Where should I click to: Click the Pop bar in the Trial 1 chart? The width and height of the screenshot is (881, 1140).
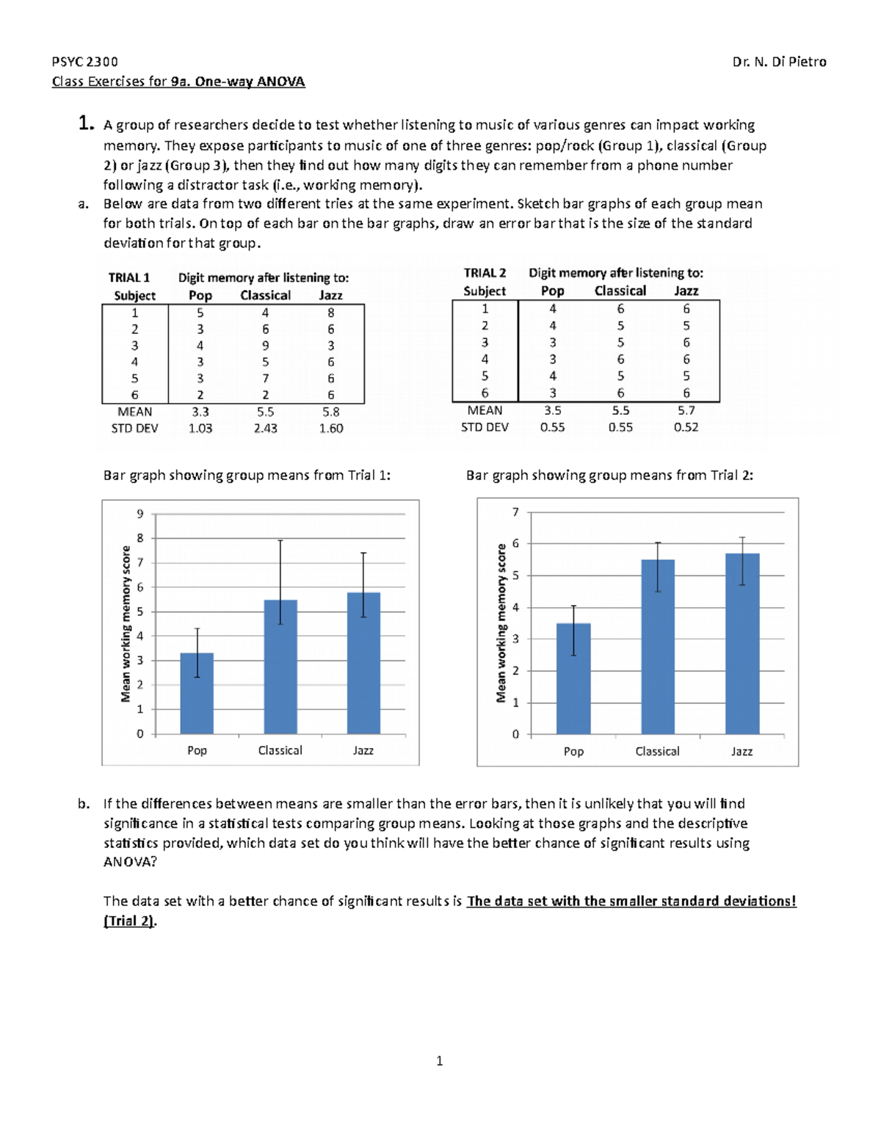pos(197,693)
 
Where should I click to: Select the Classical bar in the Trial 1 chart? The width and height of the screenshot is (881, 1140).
pos(280,667)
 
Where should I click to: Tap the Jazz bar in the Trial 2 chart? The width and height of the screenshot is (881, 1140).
pos(742,644)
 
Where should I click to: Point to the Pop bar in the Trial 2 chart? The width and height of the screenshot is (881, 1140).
pos(573,678)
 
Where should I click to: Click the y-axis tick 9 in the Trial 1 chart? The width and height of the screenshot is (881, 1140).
pos(140,514)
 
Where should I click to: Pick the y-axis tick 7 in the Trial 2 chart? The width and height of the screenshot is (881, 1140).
pos(515,512)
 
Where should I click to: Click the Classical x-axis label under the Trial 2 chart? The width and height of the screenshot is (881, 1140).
pos(657,751)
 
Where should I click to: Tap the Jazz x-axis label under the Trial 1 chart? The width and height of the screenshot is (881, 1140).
pos(363,750)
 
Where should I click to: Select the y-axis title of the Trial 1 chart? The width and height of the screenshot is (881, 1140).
pos(126,623)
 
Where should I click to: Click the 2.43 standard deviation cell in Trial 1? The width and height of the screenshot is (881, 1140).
pos(265,428)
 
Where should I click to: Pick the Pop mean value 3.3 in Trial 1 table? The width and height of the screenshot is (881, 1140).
pos(200,412)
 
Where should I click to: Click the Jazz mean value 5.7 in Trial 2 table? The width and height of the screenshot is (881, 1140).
pos(686,410)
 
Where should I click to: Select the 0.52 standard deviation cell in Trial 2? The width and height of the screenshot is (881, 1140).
pos(686,426)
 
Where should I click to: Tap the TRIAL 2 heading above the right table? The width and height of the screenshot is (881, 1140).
pos(485,272)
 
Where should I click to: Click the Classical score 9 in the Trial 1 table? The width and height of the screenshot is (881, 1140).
pos(265,345)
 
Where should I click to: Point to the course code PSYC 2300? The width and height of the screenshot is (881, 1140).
pos(84,62)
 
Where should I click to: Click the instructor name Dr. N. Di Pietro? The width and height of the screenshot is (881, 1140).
pos(779,62)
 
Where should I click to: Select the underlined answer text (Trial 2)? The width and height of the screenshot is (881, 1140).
pos(129,921)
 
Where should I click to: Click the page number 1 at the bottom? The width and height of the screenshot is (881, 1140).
pos(439,1060)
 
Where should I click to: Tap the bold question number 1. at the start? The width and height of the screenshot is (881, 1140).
pos(86,123)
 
